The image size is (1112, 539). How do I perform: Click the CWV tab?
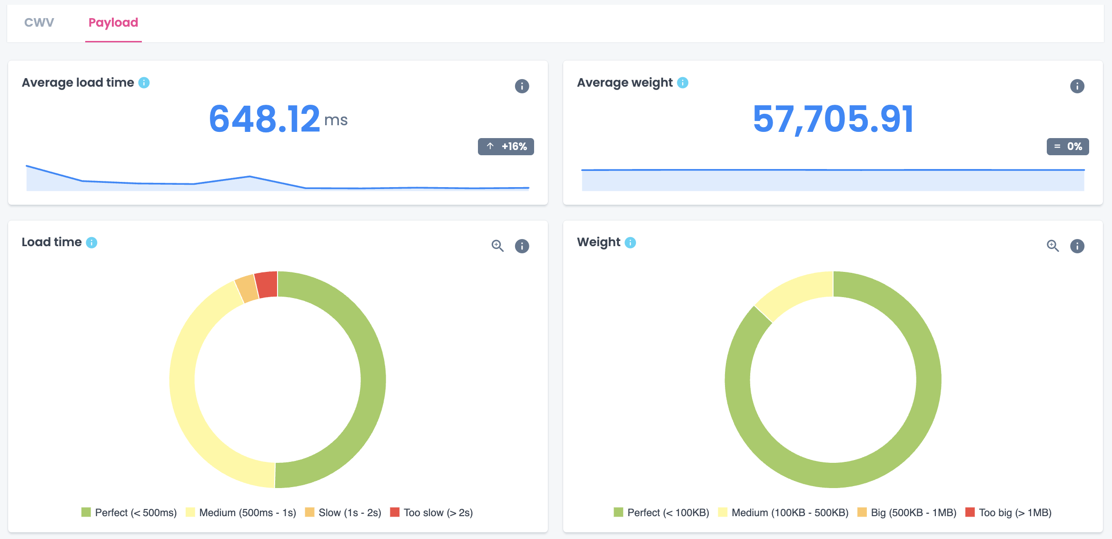tap(39, 22)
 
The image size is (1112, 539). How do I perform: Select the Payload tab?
tap(113, 22)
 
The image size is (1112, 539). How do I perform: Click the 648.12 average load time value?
tap(265, 119)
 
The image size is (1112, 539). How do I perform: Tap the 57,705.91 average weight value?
tap(833, 119)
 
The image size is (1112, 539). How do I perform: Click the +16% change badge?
tap(506, 147)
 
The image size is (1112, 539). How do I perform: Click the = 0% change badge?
tap(1068, 147)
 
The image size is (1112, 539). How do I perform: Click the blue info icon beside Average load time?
tap(144, 83)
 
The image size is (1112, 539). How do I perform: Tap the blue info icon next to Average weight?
tap(683, 83)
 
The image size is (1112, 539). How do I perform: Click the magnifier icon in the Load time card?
tap(497, 246)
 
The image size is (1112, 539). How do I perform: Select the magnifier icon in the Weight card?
tap(1052, 246)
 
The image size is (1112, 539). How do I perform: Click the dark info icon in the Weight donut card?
tap(1077, 246)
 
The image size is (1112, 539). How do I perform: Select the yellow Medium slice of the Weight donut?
tap(793, 293)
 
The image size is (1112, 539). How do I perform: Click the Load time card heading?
tap(52, 242)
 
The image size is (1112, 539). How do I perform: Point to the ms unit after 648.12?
tap(336, 120)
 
